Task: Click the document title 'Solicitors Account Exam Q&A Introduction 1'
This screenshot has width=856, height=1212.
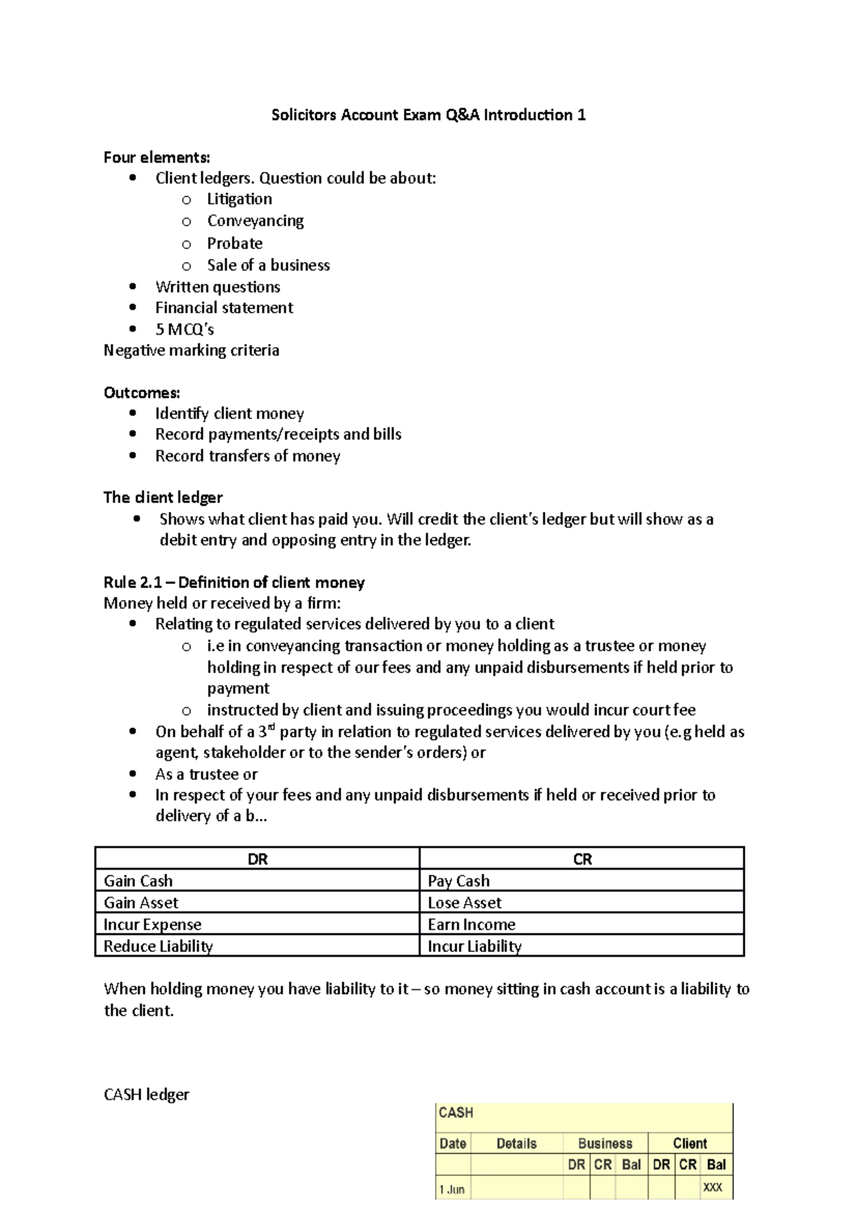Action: tap(428, 115)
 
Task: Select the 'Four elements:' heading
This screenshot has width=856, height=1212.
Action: tap(157, 157)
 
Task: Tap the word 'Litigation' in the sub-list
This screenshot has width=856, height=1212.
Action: tap(239, 199)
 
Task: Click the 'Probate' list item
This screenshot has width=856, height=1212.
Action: tap(235, 243)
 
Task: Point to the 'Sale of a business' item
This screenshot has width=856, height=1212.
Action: tap(268, 265)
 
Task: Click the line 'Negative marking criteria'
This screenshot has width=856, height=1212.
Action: tap(191, 350)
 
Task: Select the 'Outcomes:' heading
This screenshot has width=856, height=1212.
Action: tap(142, 393)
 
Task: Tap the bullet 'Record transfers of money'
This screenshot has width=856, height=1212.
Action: tap(248, 456)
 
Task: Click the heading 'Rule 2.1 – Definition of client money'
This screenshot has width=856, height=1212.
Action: tap(234, 582)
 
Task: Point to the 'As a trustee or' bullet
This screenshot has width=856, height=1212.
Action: tap(206, 774)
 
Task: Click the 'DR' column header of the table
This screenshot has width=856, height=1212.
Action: tap(258, 859)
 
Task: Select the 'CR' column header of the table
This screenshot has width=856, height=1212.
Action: tap(582, 859)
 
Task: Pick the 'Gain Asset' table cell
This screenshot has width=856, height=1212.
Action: tap(141, 903)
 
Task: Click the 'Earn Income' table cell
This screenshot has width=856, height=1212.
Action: tap(472, 924)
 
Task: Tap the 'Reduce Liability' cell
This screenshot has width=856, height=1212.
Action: tap(158, 946)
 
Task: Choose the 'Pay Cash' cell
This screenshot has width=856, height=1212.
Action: tap(459, 881)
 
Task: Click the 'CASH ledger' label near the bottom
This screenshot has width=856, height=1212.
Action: tap(147, 1094)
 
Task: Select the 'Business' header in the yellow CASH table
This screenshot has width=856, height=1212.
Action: tap(605, 1143)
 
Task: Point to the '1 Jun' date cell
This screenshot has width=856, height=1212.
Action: tap(452, 1189)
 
